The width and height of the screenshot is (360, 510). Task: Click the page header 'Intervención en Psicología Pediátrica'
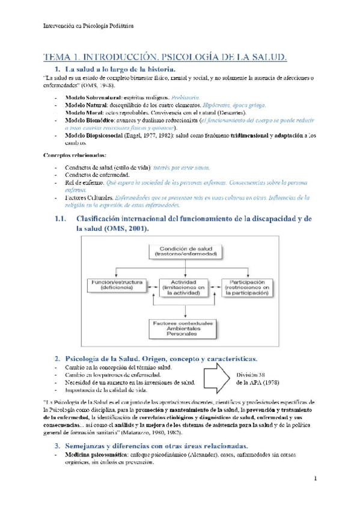(90, 26)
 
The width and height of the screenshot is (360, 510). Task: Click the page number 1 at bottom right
(314, 479)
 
